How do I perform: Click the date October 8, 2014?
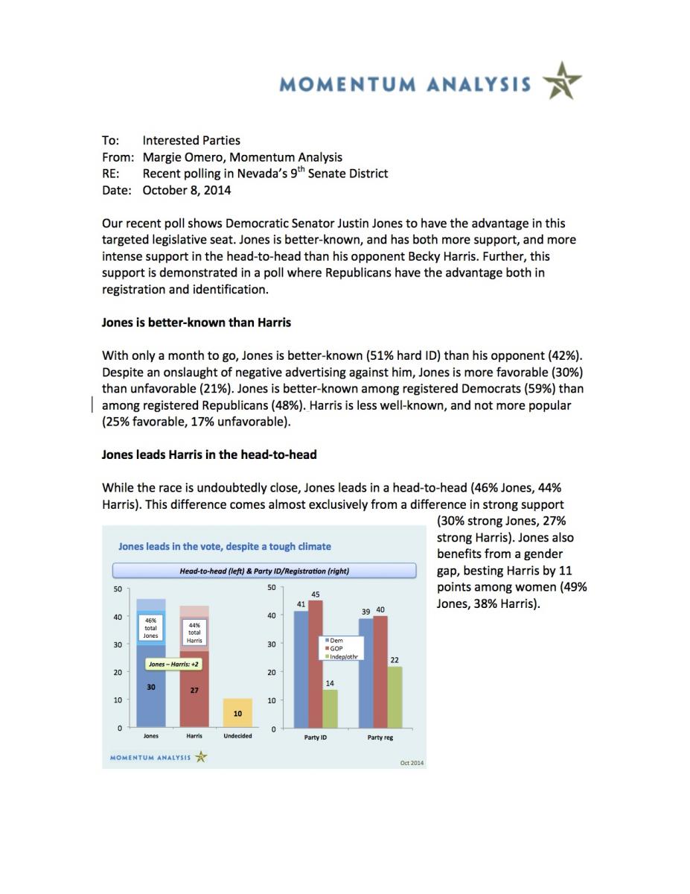(x=187, y=190)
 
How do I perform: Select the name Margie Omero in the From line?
(x=179, y=156)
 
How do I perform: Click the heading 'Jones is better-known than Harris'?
(x=197, y=323)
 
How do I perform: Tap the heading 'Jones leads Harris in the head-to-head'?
(x=210, y=454)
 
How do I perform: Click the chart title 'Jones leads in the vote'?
(x=224, y=546)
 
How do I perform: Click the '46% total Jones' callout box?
(x=150, y=628)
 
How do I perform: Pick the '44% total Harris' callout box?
(x=194, y=632)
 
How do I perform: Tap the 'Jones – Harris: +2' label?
(x=171, y=663)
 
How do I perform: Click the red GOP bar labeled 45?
(x=315, y=663)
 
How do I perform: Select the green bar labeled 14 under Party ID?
(x=330, y=708)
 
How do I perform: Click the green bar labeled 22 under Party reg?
(x=394, y=697)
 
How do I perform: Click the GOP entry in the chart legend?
(x=335, y=648)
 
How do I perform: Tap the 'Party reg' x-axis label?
(x=380, y=738)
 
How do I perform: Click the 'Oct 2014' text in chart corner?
(x=412, y=762)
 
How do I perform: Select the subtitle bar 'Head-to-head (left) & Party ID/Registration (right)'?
(x=264, y=571)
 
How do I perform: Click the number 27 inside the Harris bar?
(x=194, y=691)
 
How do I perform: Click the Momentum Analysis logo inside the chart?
(x=159, y=758)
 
